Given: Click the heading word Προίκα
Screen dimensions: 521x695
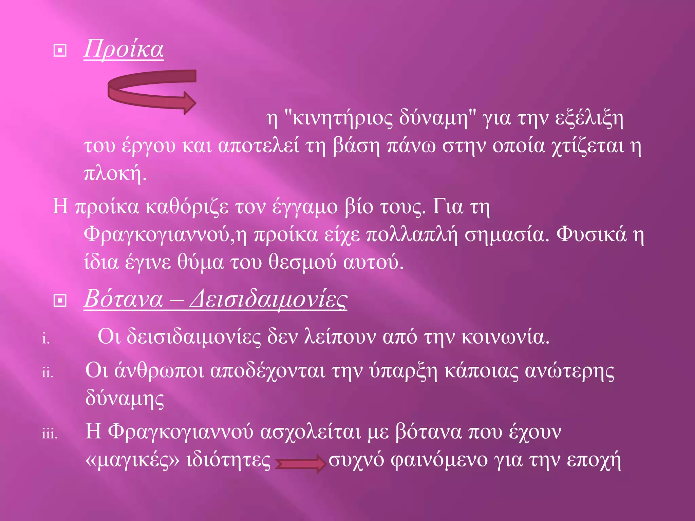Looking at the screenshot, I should coord(124,49).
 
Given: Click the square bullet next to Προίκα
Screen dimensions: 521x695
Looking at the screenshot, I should coord(60,51).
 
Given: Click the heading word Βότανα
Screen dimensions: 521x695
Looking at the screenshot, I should coord(124,299).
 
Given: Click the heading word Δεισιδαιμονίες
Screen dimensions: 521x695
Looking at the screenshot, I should coord(268,299).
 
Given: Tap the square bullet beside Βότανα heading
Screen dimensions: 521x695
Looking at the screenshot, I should coord(60,300).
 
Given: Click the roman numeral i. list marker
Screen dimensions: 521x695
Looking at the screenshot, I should coord(46,338).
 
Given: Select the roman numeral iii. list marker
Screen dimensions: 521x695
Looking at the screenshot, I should coord(50,434).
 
